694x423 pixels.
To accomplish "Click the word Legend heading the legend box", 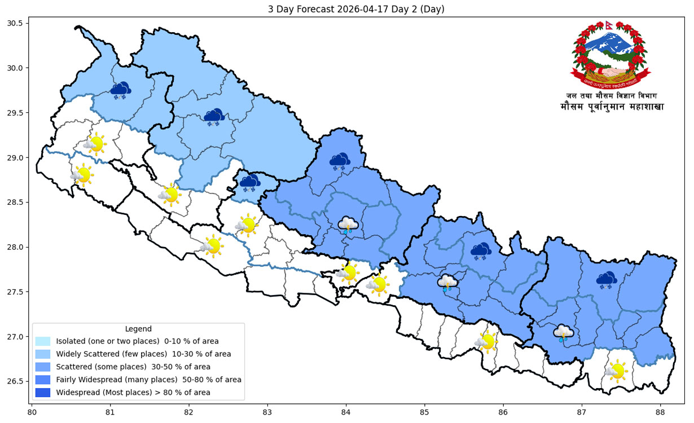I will (x=138, y=329).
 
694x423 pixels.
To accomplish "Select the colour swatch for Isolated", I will (x=43, y=341).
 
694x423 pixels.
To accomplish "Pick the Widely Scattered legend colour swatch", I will (x=43, y=354).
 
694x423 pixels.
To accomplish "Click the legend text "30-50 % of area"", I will (x=197, y=367).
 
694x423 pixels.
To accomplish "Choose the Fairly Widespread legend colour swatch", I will (x=43, y=380).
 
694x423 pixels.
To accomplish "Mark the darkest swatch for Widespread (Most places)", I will (x=43, y=392).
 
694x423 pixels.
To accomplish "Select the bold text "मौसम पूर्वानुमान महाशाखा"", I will (x=612, y=107).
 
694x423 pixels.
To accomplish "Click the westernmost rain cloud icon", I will (x=348, y=225).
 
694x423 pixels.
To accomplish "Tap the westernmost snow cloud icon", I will (x=120, y=90).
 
